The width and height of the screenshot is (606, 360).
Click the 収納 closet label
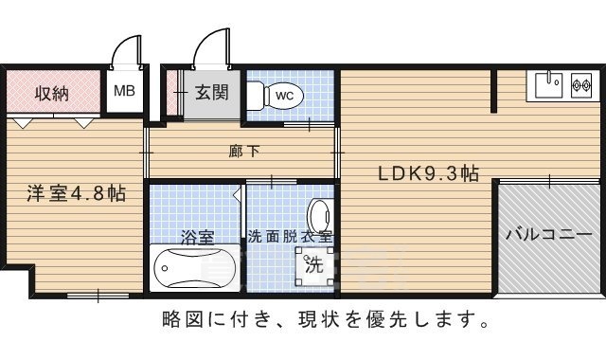point(52,93)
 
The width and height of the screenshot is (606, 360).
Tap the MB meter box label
point(124,91)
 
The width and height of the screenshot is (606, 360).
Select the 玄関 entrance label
point(212,93)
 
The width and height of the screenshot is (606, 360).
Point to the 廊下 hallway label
point(243,152)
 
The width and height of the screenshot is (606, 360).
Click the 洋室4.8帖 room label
point(76,193)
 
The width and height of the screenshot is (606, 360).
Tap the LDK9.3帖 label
point(428,173)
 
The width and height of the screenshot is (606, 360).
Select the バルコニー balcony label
point(549,235)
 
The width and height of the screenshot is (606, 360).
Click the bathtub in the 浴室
point(195,268)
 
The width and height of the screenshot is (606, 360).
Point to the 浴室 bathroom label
point(197,237)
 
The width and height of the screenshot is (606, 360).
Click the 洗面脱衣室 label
point(290,236)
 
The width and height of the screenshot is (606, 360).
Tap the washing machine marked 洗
point(314,265)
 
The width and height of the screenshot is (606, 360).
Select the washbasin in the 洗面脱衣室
point(320,217)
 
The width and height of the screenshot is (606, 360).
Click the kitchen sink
point(549,85)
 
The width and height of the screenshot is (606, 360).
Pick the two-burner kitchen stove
point(581,84)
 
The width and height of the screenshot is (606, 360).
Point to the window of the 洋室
point(98,296)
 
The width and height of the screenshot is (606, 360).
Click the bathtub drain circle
point(165,268)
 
